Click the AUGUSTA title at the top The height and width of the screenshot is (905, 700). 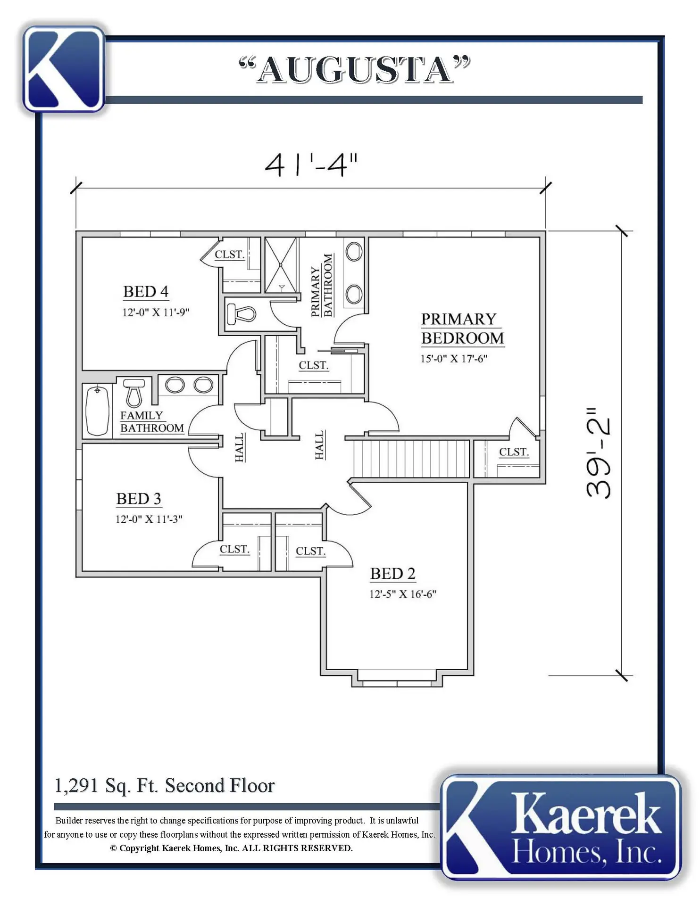coord(355,69)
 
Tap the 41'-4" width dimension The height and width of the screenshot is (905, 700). coord(311,165)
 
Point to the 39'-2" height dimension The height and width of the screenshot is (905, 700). coord(598,453)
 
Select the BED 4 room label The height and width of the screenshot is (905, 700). coord(146,292)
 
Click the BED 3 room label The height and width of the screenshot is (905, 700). coord(139,499)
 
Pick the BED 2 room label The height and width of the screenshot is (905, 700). coord(392,574)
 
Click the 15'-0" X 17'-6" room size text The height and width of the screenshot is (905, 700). coord(454,358)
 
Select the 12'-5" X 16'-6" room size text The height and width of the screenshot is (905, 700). coord(402,594)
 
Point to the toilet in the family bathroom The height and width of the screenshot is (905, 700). coord(134,392)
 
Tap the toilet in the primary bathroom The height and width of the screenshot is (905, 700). coord(241,313)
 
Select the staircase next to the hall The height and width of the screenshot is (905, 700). coord(411,459)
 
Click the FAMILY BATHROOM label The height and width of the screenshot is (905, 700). coord(152,422)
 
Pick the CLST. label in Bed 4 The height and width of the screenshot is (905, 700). coord(230,255)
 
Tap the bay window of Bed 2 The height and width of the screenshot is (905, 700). coord(397,679)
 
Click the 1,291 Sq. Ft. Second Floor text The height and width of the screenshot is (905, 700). coord(165,786)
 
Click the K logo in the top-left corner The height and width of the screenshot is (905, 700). coord(64,69)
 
